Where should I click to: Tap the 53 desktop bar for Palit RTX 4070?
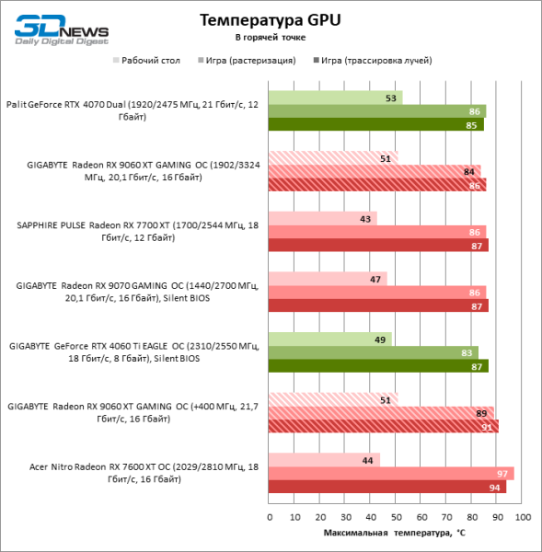pyautogui.click(x=335, y=98)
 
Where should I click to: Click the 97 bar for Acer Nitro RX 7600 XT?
pyautogui.click(x=391, y=473)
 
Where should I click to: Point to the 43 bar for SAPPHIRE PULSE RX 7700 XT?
pyautogui.click(x=322, y=218)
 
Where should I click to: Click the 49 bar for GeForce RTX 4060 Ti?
pyautogui.click(x=329, y=339)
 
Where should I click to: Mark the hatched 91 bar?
pyautogui.click(x=383, y=426)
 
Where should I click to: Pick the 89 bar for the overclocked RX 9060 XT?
pyautogui.click(x=381, y=413)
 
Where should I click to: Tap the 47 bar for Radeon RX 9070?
pyautogui.click(x=328, y=279)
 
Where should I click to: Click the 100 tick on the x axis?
pyautogui.click(x=523, y=517)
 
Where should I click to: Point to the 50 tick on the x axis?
pyautogui.click(x=396, y=517)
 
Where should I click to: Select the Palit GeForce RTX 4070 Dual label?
pyautogui.click(x=132, y=111)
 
